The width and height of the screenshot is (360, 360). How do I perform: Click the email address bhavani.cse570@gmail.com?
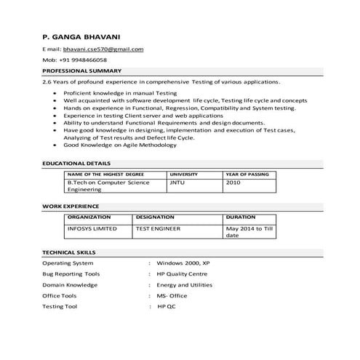[x=103, y=49]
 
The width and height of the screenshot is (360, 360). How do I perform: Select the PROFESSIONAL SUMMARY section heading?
[x=81, y=71]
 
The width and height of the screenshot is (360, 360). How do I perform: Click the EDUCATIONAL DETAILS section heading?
[x=76, y=164]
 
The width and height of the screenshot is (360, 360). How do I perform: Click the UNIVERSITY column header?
[x=183, y=175]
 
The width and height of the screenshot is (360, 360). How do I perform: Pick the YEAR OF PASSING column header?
[x=247, y=175]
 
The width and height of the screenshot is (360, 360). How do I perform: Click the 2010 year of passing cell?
[x=233, y=183]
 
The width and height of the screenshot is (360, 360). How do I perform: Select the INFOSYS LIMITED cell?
[x=92, y=228]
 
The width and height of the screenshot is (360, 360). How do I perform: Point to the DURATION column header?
[x=241, y=217]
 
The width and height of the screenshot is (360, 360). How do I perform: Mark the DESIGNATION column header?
[x=155, y=217]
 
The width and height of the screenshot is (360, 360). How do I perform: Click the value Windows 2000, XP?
[x=183, y=263]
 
